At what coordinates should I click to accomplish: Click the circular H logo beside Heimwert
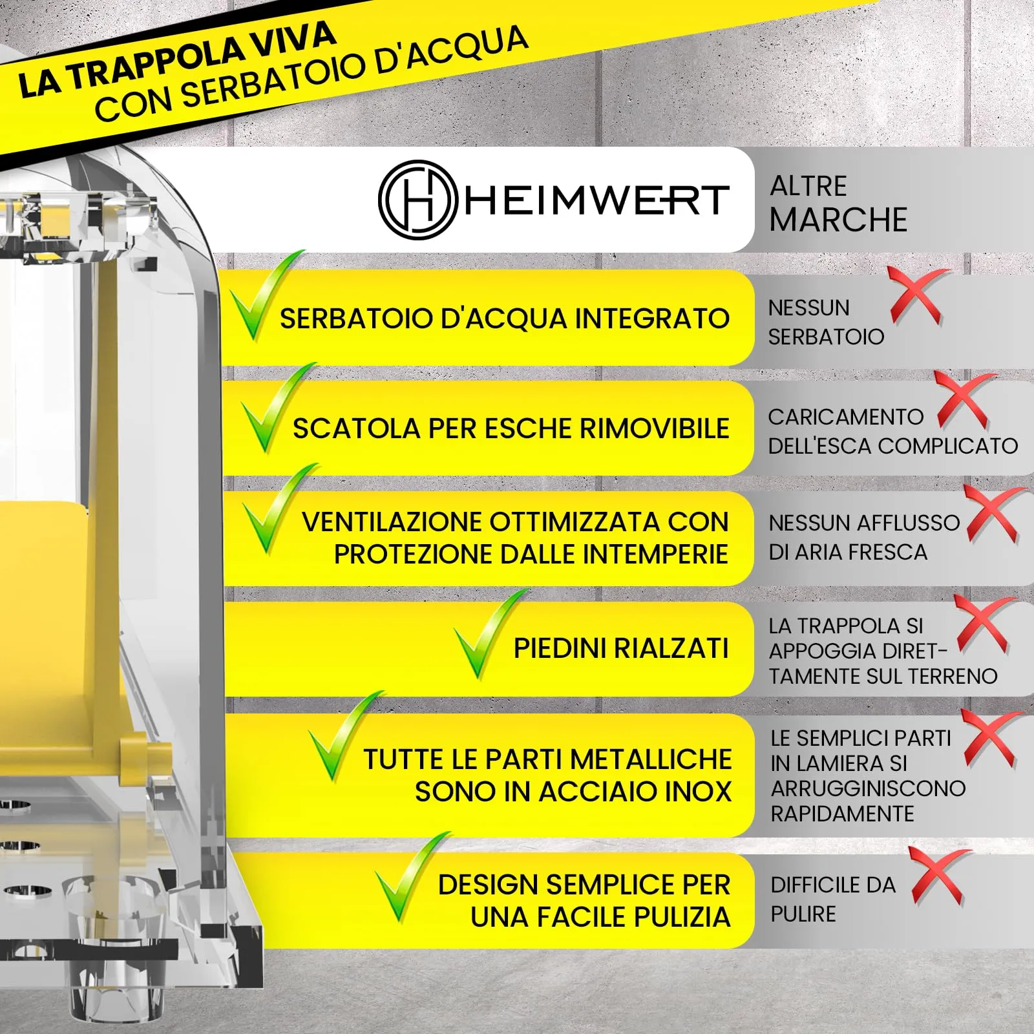coord(417,200)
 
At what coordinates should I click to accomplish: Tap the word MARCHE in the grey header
coord(838,220)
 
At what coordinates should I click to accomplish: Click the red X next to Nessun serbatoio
coord(916,295)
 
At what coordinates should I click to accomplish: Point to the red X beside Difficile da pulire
coord(937,875)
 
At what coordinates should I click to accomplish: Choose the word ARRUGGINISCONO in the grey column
coord(868,789)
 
